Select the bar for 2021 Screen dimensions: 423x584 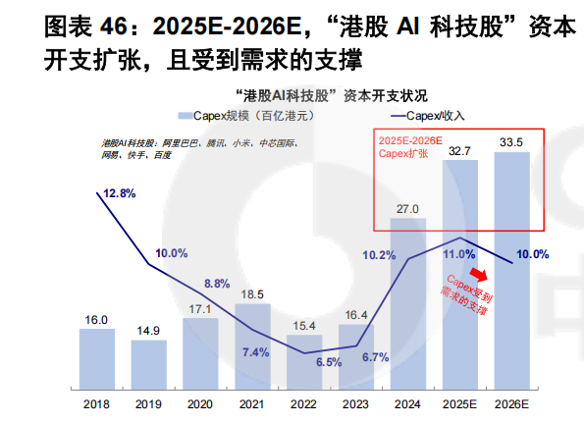pos(253,349)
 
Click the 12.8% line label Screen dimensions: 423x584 pos(118,194)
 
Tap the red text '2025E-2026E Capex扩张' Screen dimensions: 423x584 pos(411,148)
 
